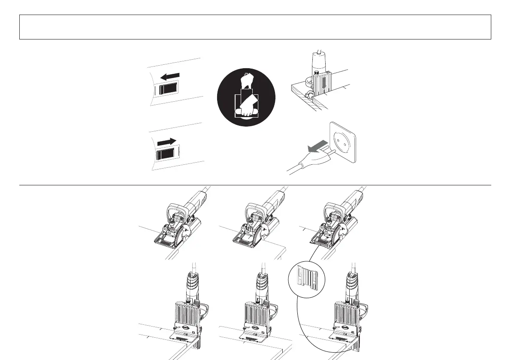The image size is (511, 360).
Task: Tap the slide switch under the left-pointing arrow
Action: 168,90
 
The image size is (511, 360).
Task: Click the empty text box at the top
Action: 255,27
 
